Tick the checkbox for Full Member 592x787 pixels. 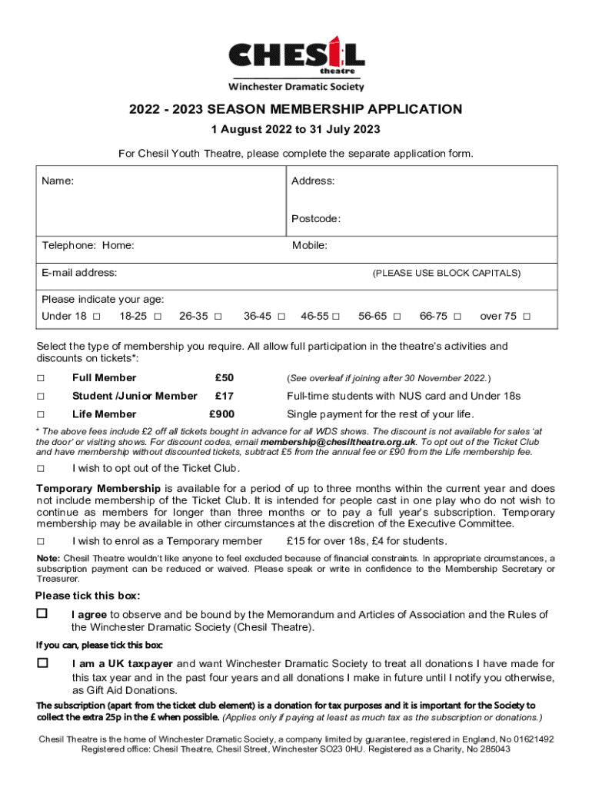tap(41, 377)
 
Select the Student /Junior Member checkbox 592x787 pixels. tap(41, 396)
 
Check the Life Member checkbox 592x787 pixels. tap(41, 414)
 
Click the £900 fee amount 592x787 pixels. tap(222, 414)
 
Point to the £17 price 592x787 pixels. tap(224, 396)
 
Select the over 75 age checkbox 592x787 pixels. tap(527, 317)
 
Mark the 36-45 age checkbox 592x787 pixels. tap(281, 317)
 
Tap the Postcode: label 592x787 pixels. tap(315, 219)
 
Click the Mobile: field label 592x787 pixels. tap(309, 246)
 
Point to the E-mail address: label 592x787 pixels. tap(79, 273)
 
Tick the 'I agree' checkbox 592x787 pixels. tap(42, 613)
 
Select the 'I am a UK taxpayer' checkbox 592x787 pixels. tap(42, 662)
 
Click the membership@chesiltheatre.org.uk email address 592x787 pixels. tap(338, 443)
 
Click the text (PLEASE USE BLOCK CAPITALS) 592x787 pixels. tap(446, 274)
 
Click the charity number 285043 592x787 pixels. tap(493, 749)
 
